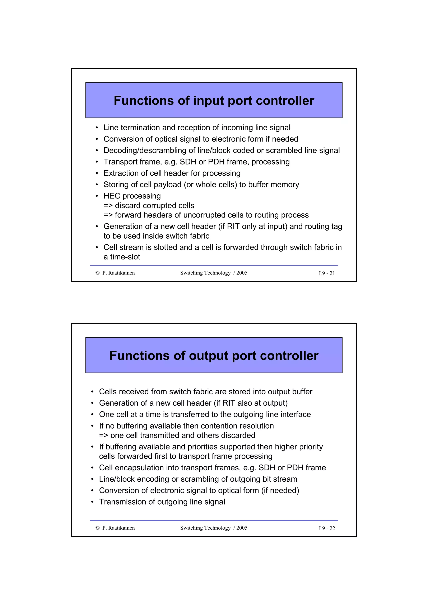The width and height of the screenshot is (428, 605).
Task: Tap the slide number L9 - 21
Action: [x=326, y=273]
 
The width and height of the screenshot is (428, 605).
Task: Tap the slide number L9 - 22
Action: [x=326, y=528]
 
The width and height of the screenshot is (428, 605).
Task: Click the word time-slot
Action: [x=125, y=257]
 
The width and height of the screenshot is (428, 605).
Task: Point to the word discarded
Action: [x=238, y=435]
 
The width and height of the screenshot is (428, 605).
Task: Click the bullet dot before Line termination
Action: [x=97, y=128]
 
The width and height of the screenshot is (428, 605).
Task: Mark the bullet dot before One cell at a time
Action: [x=92, y=415]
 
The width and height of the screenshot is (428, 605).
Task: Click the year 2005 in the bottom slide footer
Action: [x=242, y=528]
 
